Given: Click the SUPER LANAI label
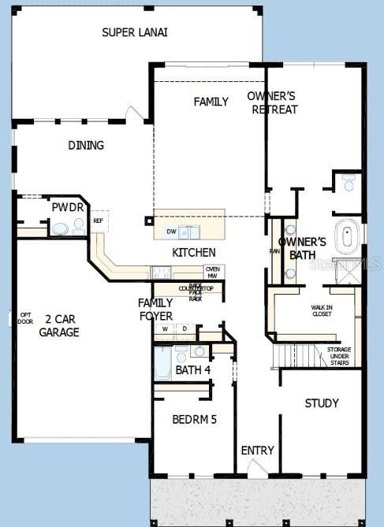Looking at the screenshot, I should coord(135,32).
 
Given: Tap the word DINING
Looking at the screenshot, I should coord(86,146).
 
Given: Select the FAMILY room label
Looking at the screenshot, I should coord(211,102).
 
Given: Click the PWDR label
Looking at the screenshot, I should coord(62,207).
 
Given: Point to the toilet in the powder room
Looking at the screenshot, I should coord(60,228).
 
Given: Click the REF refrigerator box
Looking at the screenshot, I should coord(98,221).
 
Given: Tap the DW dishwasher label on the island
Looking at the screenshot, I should coord(171,232).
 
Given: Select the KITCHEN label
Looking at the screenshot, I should coord(194,252).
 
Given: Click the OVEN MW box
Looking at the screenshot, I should coord(213,272).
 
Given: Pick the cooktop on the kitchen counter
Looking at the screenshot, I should coord(161,273).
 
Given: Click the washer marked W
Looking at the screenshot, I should coord(166,328).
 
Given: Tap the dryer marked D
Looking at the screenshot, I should coord(185,328).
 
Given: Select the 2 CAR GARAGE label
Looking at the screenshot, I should coord(59,325).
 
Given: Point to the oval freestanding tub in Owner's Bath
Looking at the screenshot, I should coord(346,236).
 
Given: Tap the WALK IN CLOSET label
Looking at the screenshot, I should coord(322,311).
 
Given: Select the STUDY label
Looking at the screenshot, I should coord(322,403).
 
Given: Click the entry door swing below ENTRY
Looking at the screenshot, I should coord(257,468).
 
